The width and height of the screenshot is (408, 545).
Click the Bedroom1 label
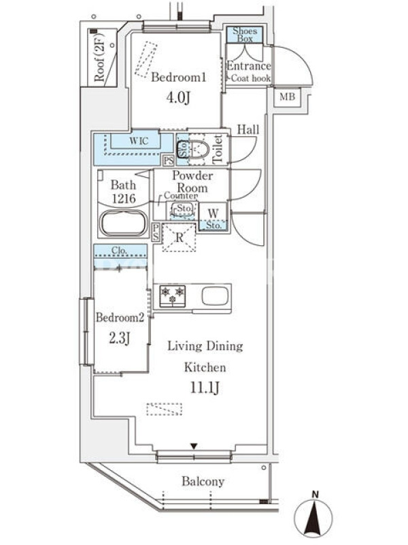(179, 77)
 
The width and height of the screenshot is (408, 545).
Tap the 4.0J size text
(178, 97)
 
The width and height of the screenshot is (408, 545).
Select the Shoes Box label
(245, 35)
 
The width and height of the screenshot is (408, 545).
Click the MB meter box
(287, 96)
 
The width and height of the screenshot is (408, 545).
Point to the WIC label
(139, 141)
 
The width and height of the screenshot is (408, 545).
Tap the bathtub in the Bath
(123, 223)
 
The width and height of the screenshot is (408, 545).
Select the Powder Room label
(192, 181)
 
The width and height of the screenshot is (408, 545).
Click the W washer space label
(214, 213)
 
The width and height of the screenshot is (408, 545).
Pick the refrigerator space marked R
(179, 238)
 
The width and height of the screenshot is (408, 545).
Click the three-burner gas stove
(173, 296)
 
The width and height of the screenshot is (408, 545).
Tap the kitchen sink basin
(215, 296)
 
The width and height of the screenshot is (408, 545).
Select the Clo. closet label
(120, 250)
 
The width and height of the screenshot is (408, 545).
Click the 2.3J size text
(120, 338)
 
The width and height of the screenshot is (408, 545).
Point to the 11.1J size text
(205, 388)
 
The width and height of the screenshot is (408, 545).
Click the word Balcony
(203, 482)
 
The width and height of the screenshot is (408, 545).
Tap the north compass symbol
(313, 516)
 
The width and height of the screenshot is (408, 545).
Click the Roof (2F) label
(99, 57)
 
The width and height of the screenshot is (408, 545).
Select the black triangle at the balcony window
(194, 446)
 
